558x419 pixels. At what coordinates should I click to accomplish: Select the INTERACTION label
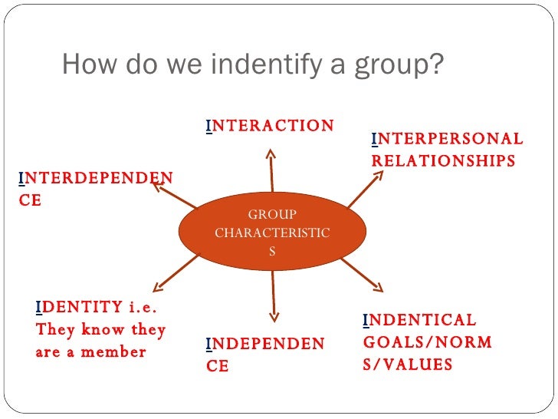[270, 125]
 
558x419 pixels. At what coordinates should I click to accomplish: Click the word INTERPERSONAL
[447, 139]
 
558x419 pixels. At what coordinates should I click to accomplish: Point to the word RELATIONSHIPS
[443, 160]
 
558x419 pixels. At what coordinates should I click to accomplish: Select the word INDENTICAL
[419, 320]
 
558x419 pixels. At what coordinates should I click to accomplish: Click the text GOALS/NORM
[428, 342]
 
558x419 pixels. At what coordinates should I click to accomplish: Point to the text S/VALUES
[408, 365]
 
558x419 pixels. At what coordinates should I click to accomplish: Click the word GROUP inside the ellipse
[272, 215]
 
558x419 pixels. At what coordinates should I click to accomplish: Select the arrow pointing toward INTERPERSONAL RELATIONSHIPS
[365, 188]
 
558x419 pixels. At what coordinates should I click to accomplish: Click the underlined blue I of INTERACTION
[208, 126]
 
